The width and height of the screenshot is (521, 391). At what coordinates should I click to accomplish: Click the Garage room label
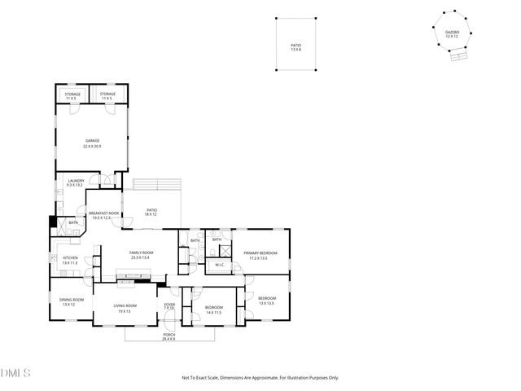(92, 143)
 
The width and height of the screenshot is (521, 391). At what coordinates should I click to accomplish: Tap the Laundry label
(76, 183)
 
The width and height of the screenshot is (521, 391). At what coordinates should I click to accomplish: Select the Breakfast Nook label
(105, 215)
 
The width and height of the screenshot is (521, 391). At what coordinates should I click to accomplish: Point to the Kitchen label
(70, 260)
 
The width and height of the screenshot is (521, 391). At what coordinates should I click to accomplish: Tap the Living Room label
(125, 308)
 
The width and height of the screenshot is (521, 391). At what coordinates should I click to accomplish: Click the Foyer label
(169, 305)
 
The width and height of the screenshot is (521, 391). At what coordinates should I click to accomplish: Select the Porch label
(169, 336)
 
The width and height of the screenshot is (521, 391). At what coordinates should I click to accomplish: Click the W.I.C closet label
(220, 265)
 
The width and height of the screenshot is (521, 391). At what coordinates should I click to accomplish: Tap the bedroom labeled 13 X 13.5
(267, 300)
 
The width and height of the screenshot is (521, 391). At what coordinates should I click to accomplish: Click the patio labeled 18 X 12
(151, 212)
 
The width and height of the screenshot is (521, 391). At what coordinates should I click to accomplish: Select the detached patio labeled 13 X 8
(296, 47)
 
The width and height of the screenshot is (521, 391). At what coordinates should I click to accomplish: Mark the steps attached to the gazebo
(459, 58)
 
